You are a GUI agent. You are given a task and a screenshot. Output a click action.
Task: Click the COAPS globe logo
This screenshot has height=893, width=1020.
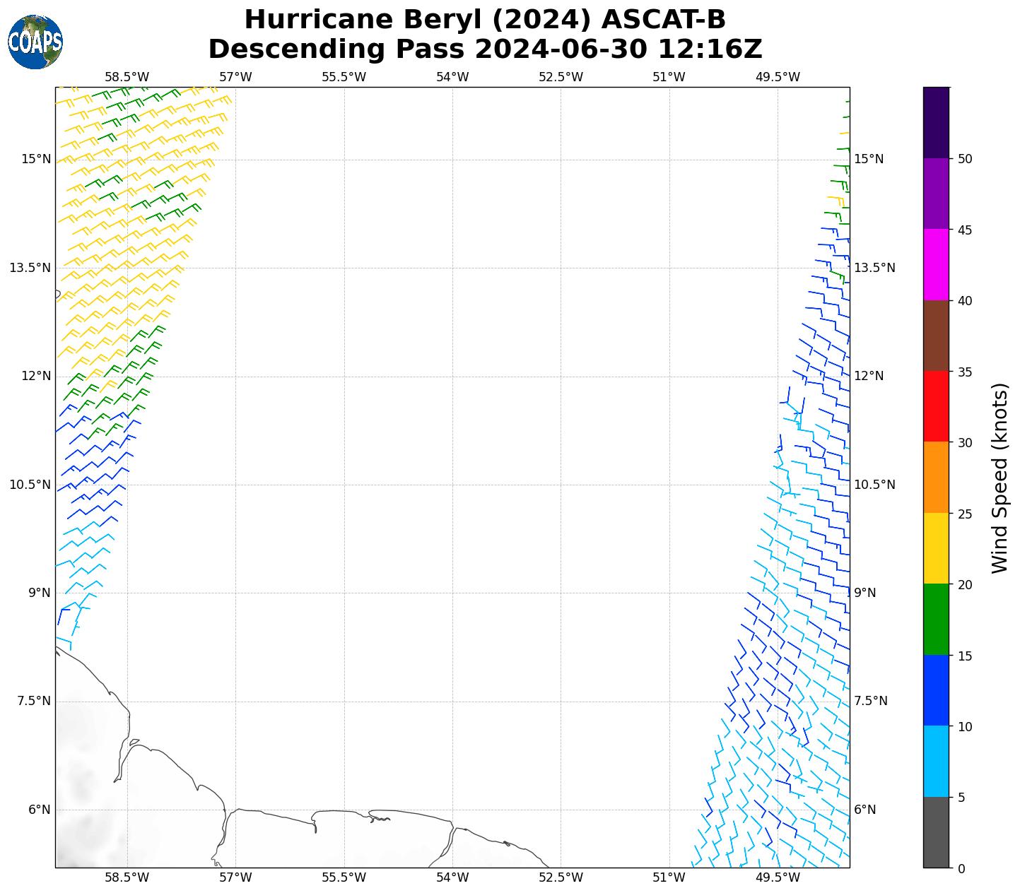[35, 42]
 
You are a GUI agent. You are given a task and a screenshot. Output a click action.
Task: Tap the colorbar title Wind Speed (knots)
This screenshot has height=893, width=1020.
[1000, 478]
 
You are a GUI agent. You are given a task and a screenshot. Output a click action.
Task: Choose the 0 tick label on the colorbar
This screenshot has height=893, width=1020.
[961, 868]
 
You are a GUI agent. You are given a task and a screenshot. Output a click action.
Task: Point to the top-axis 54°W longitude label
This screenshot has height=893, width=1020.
[452, 77]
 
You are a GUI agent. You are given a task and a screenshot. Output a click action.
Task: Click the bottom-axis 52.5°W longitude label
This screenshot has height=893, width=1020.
[561, 878]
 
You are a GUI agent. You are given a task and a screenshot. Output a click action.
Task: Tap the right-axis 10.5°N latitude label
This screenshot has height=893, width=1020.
[874, 485]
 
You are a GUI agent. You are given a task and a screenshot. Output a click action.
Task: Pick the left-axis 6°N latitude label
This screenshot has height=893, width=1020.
[39, 810]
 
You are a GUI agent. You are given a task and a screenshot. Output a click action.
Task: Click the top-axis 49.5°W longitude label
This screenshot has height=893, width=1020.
[778, 77]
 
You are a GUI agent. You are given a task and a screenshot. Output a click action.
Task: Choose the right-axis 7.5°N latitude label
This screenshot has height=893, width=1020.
[871, 701]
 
